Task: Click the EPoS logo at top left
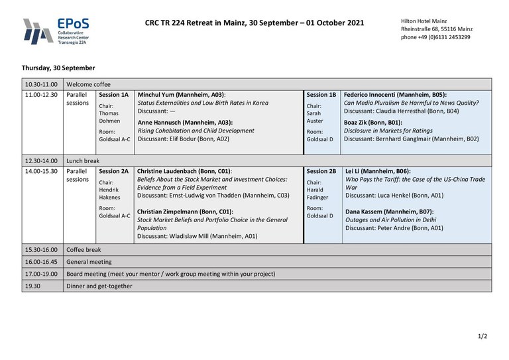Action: tap(56, 30)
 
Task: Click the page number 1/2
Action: tap(482, 336)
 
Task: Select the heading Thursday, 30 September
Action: tap(58, 68)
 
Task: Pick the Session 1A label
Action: tap(113, 95)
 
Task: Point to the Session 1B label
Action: tap(321, 95)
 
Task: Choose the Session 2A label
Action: tap(113, 171)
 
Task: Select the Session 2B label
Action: tap(321, 171)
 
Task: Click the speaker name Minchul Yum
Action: tap(158, 95)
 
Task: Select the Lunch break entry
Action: tap(83, 160)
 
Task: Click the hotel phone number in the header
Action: tap(435, 37)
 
